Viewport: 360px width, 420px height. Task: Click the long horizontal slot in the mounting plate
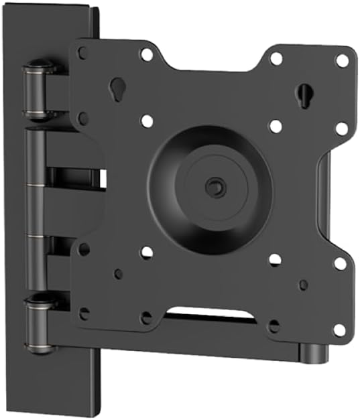212,312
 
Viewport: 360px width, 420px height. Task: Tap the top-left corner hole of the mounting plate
83,52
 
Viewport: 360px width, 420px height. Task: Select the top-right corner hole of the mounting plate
342,60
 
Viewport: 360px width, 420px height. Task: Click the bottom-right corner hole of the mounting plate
339,330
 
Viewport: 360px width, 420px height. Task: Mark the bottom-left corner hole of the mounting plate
84,313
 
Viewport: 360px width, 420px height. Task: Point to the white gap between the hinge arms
103,178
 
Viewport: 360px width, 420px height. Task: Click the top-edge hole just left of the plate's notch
145,54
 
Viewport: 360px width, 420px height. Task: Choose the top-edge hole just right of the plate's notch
276,58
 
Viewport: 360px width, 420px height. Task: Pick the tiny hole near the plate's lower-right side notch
304,285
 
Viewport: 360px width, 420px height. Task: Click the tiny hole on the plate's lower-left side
118,274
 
